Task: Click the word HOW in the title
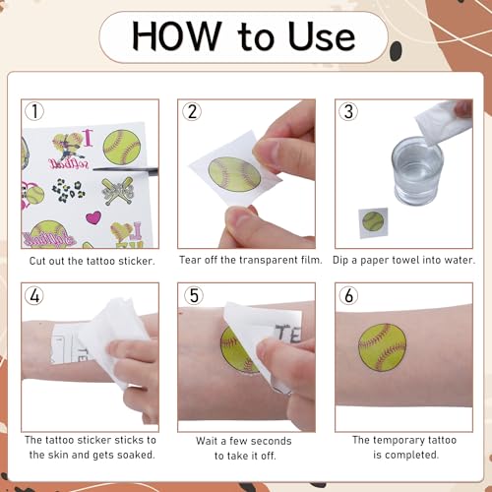(x=176, y=35)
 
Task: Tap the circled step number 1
(x=34, y=111)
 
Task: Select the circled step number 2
(x=192, y=111)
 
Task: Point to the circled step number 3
(x=348, y=111)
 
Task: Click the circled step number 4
(x=34, y=295)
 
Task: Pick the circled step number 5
(x=194, y=295)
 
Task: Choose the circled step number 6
(x=348, y=295)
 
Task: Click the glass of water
(x=417, y=171)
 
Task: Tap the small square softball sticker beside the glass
(x=373, y=222)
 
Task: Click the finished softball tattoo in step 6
(x=382, y=347)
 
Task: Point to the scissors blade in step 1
(x=125, y=170)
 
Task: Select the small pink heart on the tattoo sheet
(x=93, y=217)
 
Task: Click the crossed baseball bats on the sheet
(x=117, y=191)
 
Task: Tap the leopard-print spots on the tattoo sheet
(x=68, y=190)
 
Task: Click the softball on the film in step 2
(x=234, y=174)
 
